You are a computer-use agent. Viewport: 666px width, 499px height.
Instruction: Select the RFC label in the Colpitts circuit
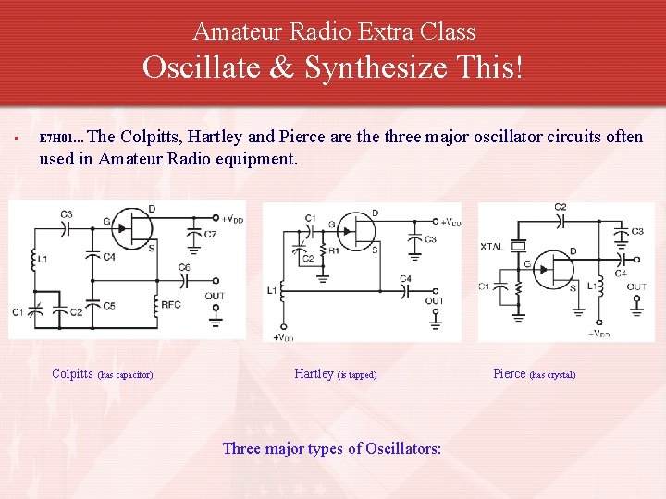[x=170, y=304]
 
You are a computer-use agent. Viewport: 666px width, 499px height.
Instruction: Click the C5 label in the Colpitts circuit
[x=108, y=305]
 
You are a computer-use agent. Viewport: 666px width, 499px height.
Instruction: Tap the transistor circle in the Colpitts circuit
[x=135, y=227]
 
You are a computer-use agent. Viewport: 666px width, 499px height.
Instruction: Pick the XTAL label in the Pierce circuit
[x=492, y=246]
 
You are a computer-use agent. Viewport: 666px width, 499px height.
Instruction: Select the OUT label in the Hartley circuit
[x=434, y=301]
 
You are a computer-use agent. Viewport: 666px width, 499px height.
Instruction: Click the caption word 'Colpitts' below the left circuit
[x=72, y=374]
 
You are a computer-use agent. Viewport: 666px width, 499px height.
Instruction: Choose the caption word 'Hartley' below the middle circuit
[x=314, y=374]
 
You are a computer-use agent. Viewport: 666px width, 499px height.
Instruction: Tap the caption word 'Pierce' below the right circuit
[x=509, y=374]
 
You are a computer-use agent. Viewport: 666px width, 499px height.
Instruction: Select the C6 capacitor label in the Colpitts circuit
[x=184, y=267]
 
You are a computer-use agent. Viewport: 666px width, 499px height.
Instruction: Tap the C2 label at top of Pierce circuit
[x=561, y=208]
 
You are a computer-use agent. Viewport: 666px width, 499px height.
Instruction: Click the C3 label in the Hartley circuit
[x=430, y=239]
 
